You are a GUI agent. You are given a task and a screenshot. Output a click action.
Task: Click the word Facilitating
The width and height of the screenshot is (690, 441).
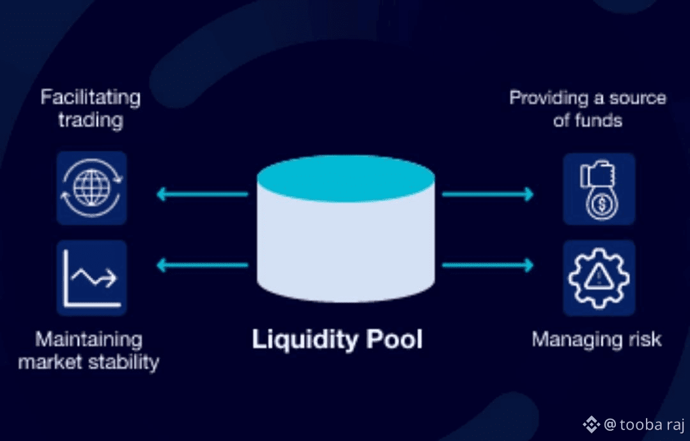point(90,98)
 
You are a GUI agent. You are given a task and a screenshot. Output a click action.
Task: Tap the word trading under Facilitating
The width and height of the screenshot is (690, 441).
point(90,120)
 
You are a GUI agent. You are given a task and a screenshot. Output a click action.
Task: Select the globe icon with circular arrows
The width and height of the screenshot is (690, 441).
point(91,188)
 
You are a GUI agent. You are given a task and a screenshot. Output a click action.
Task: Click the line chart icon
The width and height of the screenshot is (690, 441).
point(91,278)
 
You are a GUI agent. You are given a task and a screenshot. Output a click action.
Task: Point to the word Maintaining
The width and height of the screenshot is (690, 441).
point(89,339)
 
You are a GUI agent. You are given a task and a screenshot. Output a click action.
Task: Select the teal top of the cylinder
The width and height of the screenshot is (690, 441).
point(346,178)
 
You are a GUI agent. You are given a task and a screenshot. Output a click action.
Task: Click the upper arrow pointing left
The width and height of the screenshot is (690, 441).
point(201,194)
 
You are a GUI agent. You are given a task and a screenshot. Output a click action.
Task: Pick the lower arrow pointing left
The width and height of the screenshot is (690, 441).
point(201,264)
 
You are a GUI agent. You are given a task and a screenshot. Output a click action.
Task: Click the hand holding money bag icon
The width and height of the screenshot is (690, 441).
point(599,189)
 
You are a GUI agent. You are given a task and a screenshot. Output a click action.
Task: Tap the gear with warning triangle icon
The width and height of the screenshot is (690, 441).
point(599,278)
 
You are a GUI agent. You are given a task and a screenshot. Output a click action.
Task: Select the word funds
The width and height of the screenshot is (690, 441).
point(597,120)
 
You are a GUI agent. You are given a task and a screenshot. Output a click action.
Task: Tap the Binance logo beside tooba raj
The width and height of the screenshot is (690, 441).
point(590,424)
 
